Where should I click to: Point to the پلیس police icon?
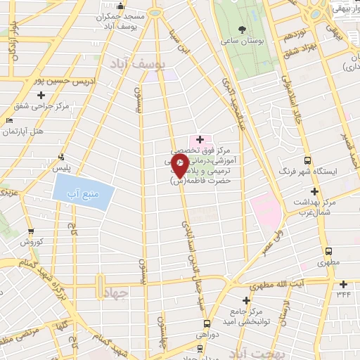(x=62, y=157)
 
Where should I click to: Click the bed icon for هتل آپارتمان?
(x=9, y=121)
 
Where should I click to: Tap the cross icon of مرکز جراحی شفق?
(x=41, y=95)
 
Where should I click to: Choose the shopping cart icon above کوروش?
(x=30, y=231)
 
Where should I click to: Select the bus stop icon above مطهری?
(x=328, y=252)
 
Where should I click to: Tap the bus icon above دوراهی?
(x=207, y=323)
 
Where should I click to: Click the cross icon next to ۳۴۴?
(x=342, y=284)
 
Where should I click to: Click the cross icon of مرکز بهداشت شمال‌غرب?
(x=314, y=191)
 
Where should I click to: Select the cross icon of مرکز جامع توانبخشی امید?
(x=246, y=300)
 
